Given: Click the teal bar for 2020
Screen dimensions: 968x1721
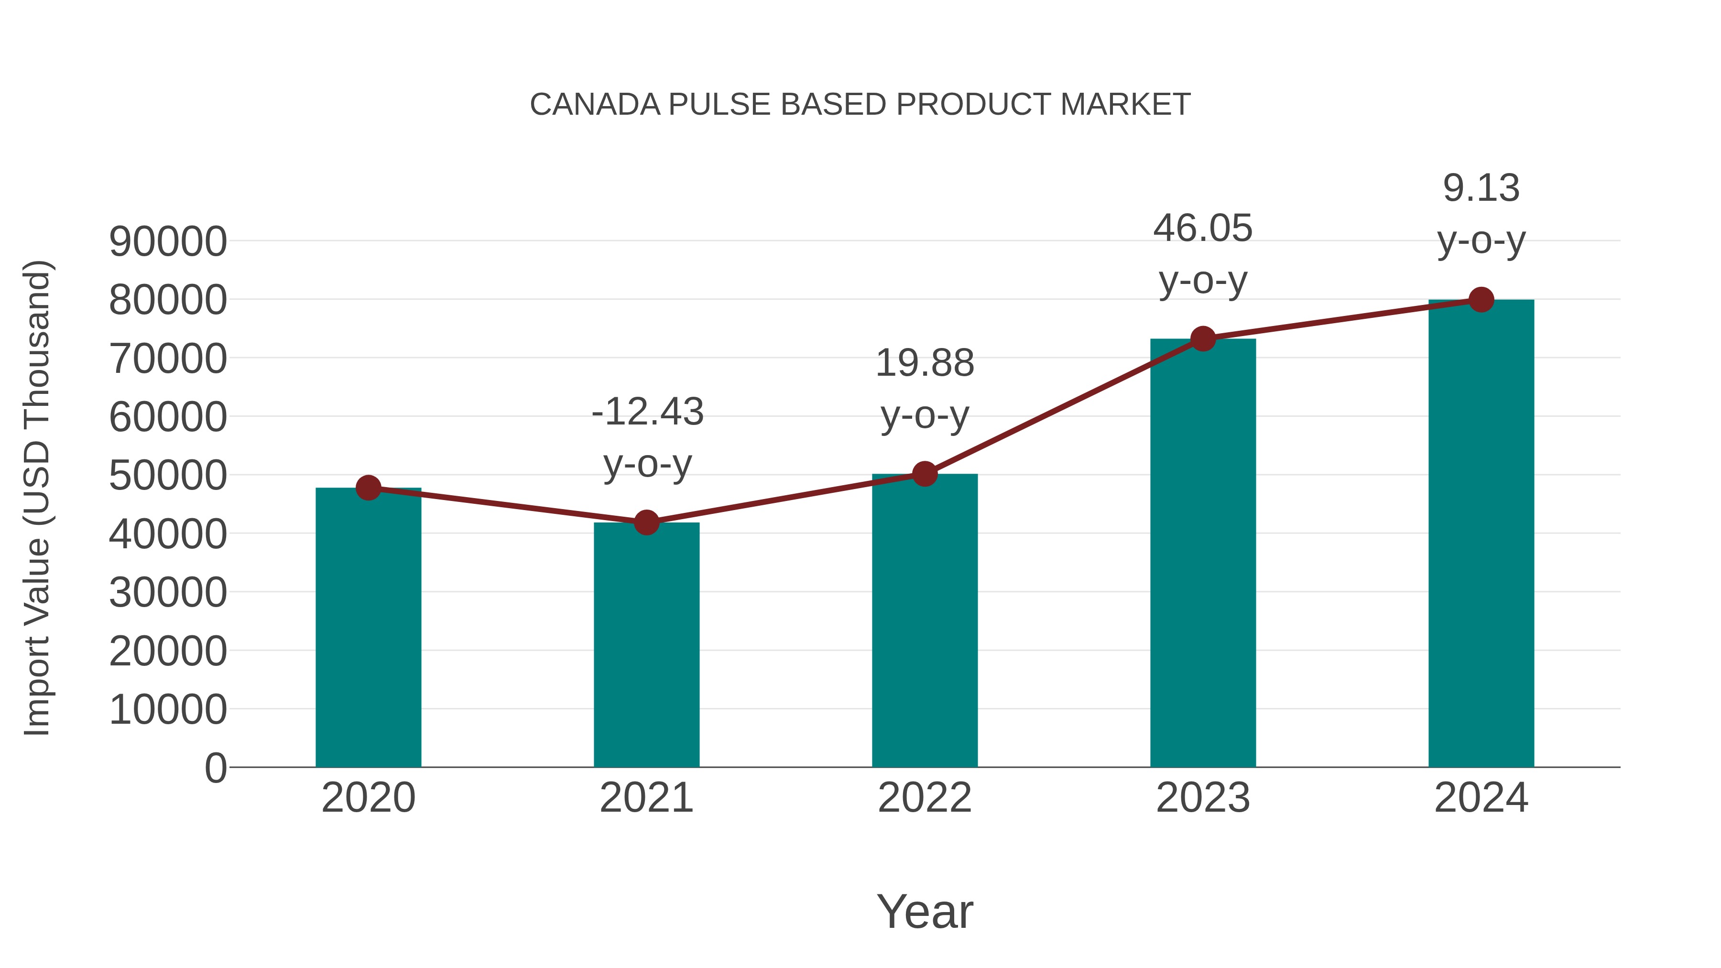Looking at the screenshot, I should (x=368, y=628).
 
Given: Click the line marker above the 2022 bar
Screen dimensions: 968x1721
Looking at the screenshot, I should (x=925, y=474).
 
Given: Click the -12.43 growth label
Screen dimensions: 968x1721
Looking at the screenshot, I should (x=647, y=412).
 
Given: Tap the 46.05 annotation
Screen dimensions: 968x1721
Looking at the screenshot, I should (x=1203, y=228).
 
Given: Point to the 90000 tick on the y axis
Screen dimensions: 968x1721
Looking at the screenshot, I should (x=168, y=242).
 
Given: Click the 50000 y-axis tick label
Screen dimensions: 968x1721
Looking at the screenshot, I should (x=168, y=476).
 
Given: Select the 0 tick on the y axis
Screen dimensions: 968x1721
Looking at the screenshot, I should (x=216, y=768).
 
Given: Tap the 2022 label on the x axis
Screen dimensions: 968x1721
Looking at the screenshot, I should (x=925, y=798).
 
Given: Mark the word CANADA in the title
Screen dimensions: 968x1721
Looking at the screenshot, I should (x=595, y=105).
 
